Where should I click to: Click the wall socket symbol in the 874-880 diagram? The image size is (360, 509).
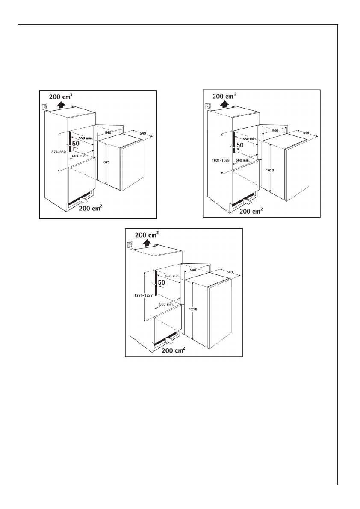44,107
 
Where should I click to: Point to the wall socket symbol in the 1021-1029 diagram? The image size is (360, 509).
208,106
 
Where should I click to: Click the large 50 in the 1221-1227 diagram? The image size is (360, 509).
162,283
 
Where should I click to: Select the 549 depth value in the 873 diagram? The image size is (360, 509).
142,134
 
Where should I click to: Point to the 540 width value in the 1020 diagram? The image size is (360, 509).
275,130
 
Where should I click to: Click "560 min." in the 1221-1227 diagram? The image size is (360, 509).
166,304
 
